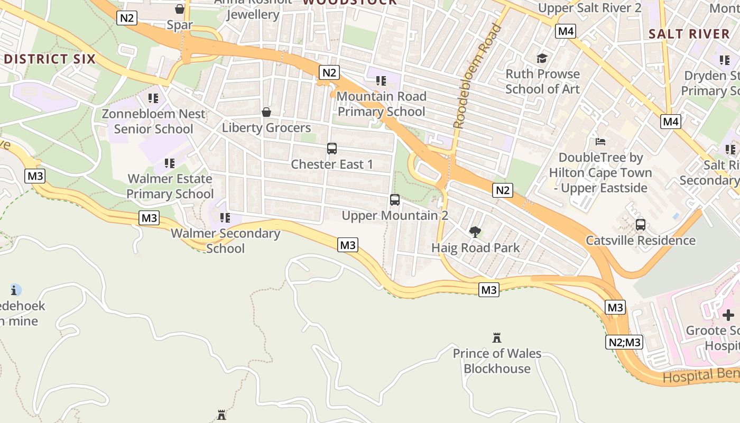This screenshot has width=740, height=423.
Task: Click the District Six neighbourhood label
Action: pos(50,59)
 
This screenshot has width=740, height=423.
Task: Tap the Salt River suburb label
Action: pos(689,34)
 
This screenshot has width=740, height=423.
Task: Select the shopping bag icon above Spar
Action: pos(180,9)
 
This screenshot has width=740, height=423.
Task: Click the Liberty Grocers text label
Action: pos(266,128)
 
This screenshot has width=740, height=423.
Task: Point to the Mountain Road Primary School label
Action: pos(381,104)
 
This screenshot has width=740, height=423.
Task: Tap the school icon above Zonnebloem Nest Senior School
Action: pos(153,98)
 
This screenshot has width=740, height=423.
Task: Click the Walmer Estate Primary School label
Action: pos(170,186)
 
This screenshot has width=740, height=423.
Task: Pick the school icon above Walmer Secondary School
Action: pos(225,217)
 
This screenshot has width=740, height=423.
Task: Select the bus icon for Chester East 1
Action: pos(332,149)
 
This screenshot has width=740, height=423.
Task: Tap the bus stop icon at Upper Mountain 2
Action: pos(395,200)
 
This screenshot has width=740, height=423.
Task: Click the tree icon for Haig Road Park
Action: pos(475,232)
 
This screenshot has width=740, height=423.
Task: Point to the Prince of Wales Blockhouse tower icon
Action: pos(497,337)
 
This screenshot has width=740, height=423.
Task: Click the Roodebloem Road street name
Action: pos(478,76)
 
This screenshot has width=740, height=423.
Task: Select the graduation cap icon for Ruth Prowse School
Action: pos(542,58)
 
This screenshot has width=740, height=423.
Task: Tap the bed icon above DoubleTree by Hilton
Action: pos(600,141)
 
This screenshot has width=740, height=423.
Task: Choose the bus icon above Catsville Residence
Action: pos(641,225)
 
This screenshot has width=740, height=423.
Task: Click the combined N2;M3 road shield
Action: pos(624,343)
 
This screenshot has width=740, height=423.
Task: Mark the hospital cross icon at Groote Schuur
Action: pos(728,315)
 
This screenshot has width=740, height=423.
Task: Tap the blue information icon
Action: pos(16,290)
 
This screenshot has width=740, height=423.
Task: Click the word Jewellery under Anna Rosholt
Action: pos(253,14)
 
